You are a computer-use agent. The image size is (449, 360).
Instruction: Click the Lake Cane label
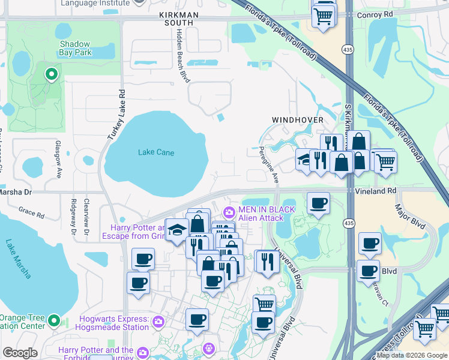click(x=156, y=152)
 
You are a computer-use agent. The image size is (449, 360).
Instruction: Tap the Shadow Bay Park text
click(x=74, y=49)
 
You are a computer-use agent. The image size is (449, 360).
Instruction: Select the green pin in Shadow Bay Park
click(x=51, y=75)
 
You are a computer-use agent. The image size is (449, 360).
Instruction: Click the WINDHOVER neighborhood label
click(x=298, y=120)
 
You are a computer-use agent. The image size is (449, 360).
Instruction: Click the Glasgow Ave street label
click(x=59, y=160)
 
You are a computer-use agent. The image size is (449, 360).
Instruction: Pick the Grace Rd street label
click(x=31, y=213)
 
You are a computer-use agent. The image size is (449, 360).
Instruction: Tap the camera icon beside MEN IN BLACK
click(x=229, y=212)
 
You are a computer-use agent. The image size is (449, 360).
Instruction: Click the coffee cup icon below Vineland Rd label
click(x=318, y=203)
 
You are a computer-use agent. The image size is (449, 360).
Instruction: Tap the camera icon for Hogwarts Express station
click(x=158, y=323)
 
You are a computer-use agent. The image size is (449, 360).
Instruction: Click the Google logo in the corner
click(x=20, y=353)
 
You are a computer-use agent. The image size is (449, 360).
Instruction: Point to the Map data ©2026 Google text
click(x=412, y=355)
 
